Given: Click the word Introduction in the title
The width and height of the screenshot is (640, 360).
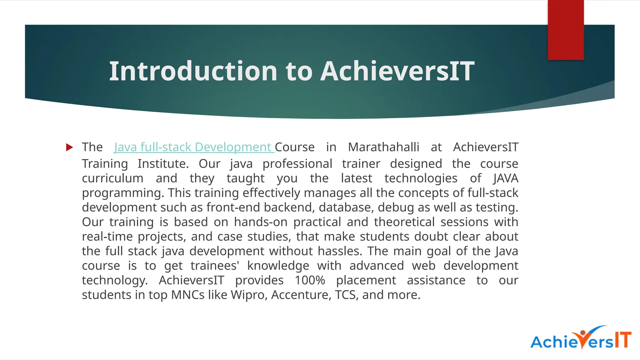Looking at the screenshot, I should (193, 71).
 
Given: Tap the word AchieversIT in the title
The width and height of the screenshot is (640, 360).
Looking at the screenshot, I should (397, 71).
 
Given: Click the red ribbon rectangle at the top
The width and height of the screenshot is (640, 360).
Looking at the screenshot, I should (566, 30).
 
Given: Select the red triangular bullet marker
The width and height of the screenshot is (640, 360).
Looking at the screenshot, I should (69, 147).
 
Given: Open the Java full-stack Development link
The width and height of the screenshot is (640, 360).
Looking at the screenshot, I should (194, 147).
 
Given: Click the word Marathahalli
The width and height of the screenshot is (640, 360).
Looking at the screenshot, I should (383, 147).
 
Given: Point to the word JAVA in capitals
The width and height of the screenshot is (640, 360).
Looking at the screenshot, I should (506, 178).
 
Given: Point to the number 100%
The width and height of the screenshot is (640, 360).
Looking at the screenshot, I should (310, 280).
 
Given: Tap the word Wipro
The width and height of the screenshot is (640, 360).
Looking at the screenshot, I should (249, 295).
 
